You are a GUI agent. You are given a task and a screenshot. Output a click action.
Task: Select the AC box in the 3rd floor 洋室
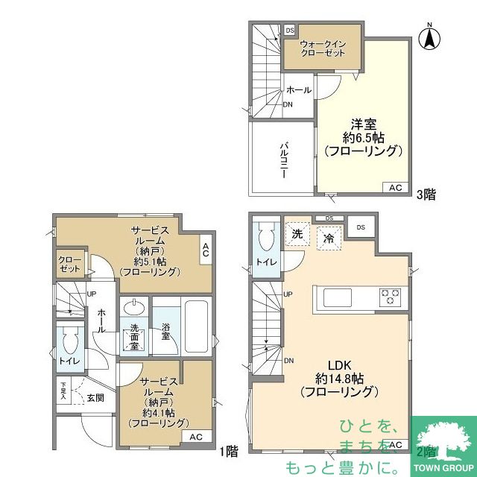[396, 187]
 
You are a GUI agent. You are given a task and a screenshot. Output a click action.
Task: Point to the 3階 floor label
[426, 195]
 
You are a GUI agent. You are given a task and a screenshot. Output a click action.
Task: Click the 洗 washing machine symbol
[297, 233]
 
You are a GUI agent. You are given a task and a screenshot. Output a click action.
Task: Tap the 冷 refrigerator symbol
[328, 239]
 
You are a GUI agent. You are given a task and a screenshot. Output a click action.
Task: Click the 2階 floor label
[426, 450]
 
